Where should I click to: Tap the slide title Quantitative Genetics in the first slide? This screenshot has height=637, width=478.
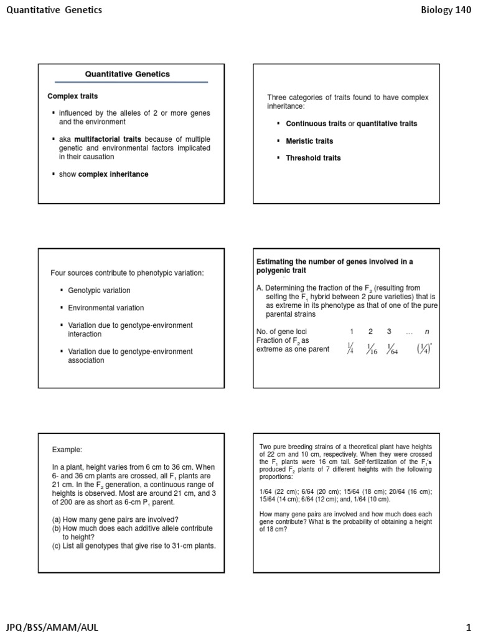coord(127,74)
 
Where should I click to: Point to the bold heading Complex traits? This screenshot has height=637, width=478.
coord(73,96)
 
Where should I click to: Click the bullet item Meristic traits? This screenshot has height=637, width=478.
coord(309,141)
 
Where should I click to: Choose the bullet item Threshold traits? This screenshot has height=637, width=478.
coord(313,158)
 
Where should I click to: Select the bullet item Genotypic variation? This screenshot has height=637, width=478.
coord(99,291)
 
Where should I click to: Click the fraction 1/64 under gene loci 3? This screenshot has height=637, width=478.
coord(391,349)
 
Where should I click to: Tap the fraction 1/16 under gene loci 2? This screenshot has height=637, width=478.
coord(372,349)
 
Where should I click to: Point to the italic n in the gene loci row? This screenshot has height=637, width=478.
coord(426,332)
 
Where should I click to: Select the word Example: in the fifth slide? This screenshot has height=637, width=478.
coord(67,449)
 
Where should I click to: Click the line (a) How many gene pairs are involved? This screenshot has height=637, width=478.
coord(116,519)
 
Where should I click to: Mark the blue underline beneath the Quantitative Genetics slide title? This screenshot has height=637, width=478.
coord(131,82)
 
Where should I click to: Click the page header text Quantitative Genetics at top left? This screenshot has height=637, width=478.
coord(54,10)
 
